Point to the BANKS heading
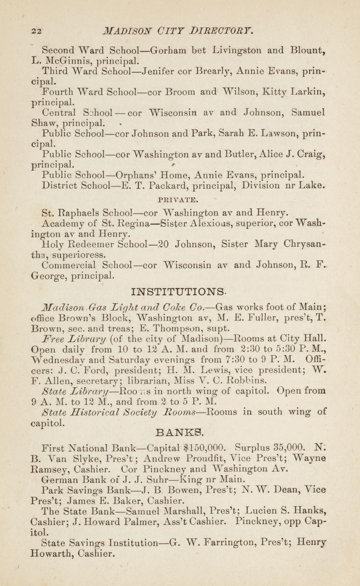180,434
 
